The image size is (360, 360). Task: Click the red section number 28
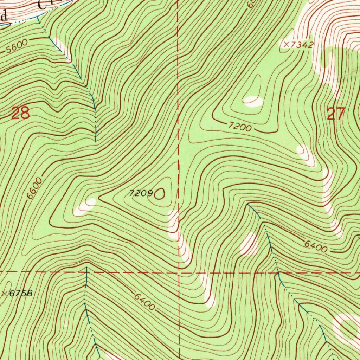pyautogui.click(x=20, y=114)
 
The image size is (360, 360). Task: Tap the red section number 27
pyautogui.click(x=336, y=114)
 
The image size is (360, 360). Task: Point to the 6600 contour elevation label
pyautogui.click(x=34, y=188)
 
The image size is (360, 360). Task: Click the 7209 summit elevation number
pyautogui.click(x=141, y=193)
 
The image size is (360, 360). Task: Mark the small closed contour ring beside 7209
pyautogui.click(x=160, y=193)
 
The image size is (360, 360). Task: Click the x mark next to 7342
pyautogui.click(x=287, y=45)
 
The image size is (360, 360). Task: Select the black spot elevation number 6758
pyautogui.click(x=21, y=293)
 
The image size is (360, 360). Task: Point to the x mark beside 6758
pyautogui.click(x=4, y=293)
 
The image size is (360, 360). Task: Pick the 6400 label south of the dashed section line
pyautogui.click(x=144, y=301)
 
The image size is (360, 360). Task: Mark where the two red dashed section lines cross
pyautogui.click(x=179, y=272)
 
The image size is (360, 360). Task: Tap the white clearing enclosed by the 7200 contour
pyautogui.click(x=253, y=102)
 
